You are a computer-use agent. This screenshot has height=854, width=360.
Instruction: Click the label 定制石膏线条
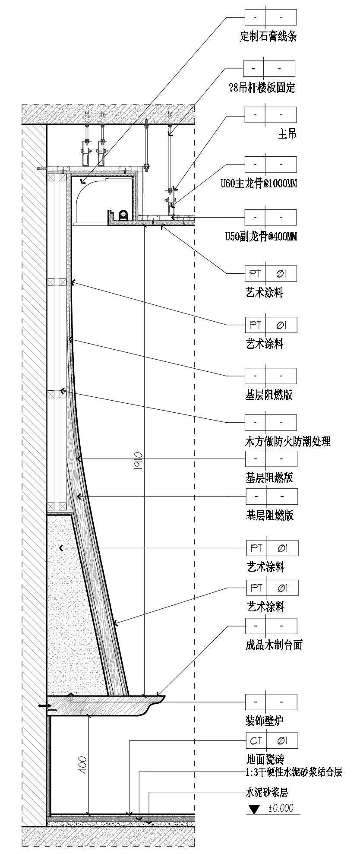268,36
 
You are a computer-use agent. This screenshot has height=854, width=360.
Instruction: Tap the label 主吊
287,133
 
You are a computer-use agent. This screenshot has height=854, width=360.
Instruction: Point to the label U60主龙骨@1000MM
259,184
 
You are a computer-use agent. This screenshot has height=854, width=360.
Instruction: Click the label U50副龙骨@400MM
261,237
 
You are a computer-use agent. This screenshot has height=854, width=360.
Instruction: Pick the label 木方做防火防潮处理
287,441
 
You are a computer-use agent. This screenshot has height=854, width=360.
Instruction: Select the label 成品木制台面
274,645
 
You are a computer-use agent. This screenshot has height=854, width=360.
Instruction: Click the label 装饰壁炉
264,720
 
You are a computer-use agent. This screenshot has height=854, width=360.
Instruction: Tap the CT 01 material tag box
272,741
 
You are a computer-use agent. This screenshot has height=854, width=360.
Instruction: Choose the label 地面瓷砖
265,759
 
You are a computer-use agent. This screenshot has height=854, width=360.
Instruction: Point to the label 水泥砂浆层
266,792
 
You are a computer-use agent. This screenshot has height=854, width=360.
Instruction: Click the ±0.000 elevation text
281,808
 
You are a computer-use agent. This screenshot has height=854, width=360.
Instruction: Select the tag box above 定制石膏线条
271,17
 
